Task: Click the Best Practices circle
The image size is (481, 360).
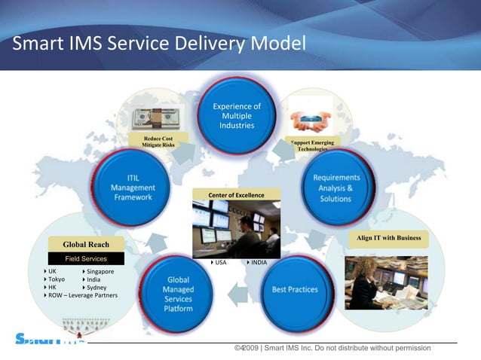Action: (x=295, y=289)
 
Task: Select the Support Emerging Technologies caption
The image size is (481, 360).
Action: (x=312, y=145)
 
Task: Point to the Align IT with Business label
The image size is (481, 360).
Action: (x=388, y=239)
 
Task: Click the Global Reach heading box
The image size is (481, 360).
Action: (x=86, y=244)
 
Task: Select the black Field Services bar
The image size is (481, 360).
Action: (x=86, y=258)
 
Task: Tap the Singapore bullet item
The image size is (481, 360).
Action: (x=99, y=271)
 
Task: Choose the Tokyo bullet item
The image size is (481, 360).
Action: (x=55, y=279)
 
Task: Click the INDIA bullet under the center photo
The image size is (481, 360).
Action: (x=257, y=263)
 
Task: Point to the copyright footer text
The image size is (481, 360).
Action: (x=332, y=348)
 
